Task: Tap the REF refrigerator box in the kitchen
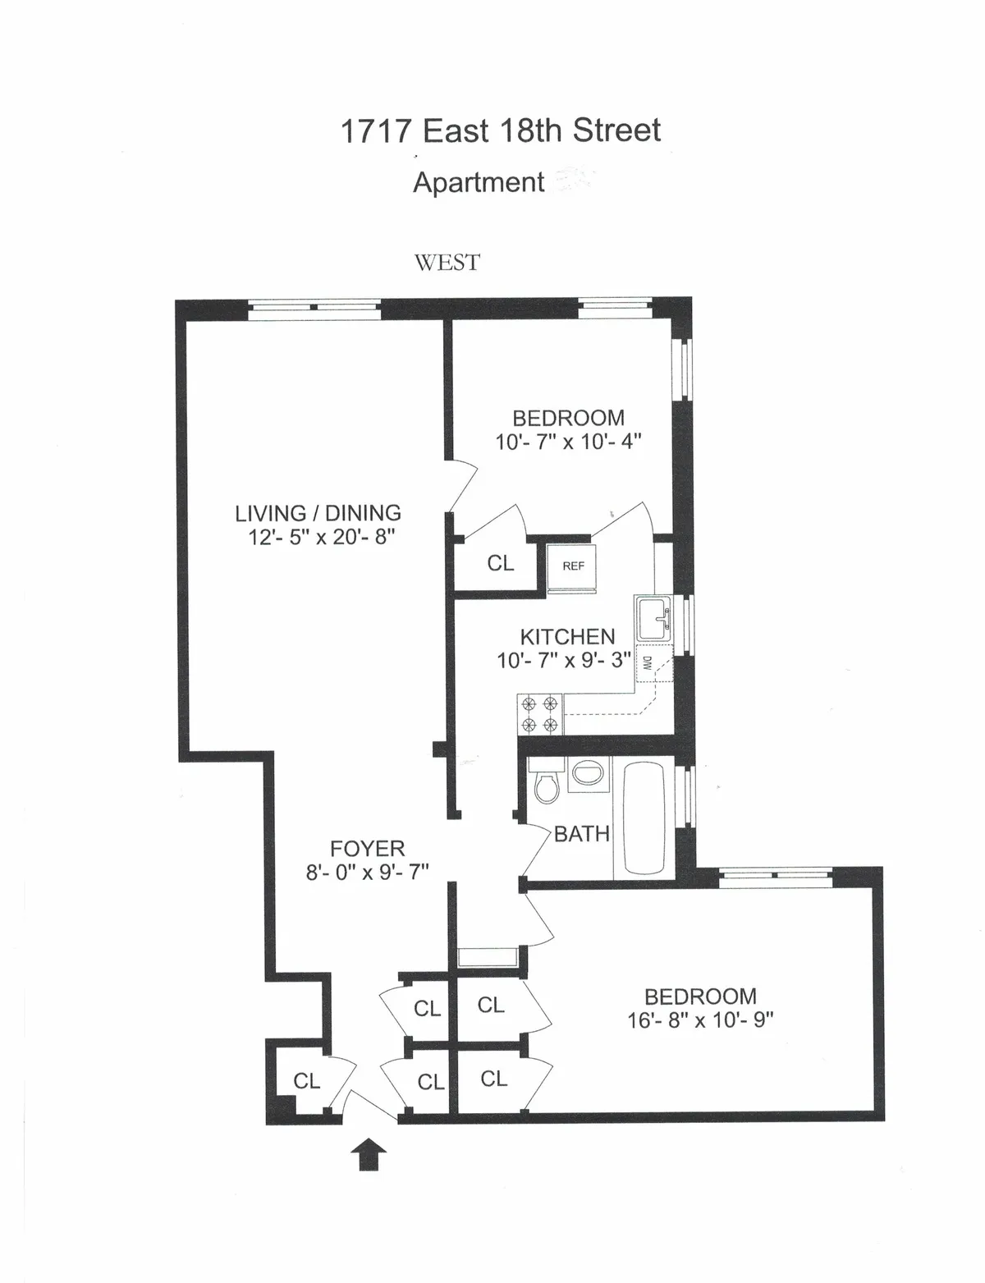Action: coord(573,566)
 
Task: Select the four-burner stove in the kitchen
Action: coord(539,714)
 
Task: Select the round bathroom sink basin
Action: coord(586,773)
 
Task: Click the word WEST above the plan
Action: coord(447,263)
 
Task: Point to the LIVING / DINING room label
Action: coord(318,513)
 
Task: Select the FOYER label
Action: coord(367,848)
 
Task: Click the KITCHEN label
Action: coord(567,636)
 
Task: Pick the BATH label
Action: coord(581,834)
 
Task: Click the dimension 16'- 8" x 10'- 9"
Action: coord(699,1020)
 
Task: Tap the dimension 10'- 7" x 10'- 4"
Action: coord(567,442)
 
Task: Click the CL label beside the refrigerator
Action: coord(500,563)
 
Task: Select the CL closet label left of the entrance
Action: coord(306,1081)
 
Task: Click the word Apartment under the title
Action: coord(479,182)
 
